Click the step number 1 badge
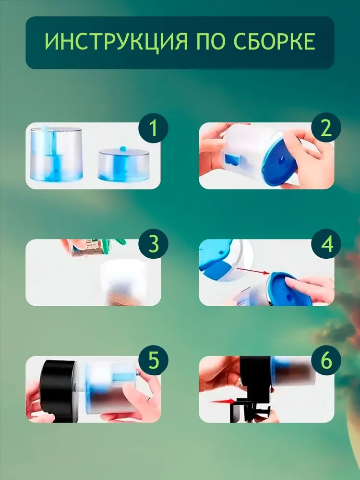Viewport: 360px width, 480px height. click(154, 128)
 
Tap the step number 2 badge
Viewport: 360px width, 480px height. click(326, 128)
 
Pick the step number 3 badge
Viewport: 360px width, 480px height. click(154, 244)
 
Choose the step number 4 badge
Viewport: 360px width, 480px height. click(326, 244)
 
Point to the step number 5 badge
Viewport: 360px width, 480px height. click(154, 360)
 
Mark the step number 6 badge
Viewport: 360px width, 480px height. click(326, 360)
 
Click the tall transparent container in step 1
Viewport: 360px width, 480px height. click(56, 154)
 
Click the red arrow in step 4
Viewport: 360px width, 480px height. click(253, 271)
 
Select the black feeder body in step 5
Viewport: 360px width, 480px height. click(58, 391)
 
